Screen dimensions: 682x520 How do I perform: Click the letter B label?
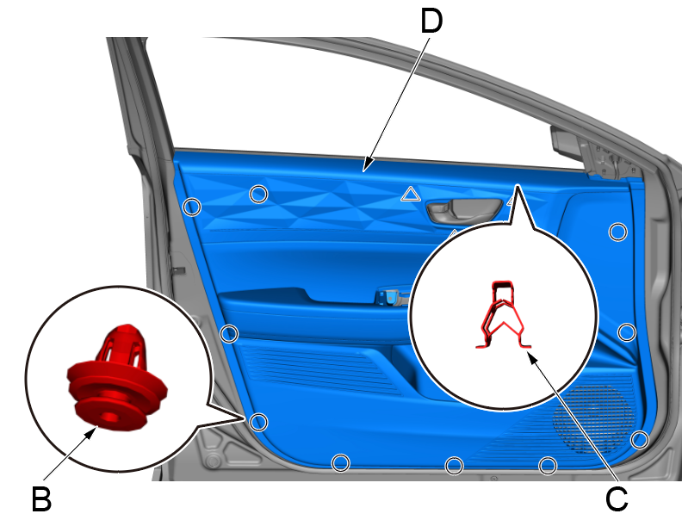click(x=41, y=499)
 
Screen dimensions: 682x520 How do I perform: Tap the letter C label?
click(x=617, y=498)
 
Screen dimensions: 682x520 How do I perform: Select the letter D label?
click(x=431, y=21)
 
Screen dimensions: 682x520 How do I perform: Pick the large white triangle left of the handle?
click(x=411, y=194)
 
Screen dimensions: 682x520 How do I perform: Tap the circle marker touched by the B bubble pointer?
click(x=259, y=422)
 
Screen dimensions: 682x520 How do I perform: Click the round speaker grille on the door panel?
click(x=592, y=417)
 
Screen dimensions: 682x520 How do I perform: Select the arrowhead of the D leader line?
click(x=367, y=165)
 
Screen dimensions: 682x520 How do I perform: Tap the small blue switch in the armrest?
click(x=389, y=297)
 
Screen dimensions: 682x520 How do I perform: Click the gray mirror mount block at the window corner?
click(x=567, y=141)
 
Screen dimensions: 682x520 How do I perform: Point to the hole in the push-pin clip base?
click(x=109, y=418)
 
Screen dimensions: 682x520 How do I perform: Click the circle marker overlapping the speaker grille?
click(x=639, y=440)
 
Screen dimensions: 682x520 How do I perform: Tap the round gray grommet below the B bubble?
click(x=213, y=461)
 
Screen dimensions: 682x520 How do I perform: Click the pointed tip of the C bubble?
click(x=518, y=186)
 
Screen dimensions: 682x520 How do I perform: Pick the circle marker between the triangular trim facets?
click(x=259, y=194)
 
